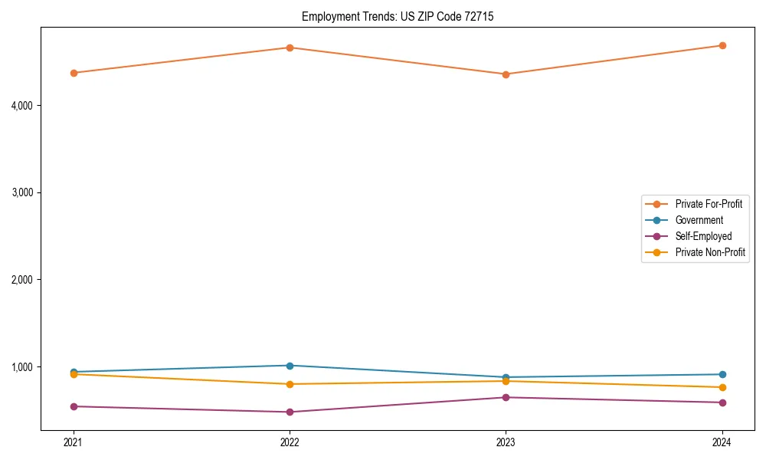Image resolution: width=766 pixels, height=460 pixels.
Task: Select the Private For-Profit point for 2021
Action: (x=74, y=73)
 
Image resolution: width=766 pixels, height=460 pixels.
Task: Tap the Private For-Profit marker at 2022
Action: (x=290, y=48)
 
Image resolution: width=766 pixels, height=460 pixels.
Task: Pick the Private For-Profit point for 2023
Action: (x=506, y=74)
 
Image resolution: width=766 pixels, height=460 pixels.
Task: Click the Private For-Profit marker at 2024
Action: (x=722, y=45)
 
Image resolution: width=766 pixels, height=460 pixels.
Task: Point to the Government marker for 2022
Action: (x=290, y=366)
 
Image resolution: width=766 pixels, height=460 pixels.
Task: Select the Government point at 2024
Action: (x=722, y=374)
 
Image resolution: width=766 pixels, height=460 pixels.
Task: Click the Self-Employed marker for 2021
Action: (x=74, y=406)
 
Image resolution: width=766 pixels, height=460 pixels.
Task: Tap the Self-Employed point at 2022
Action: (x=290, y=412)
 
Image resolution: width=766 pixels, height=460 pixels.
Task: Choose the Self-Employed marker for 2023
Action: (x=506, y=397)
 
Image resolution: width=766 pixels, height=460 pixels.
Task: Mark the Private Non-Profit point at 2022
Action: (x=290, y=384)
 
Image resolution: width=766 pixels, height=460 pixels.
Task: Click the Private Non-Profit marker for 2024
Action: (x=722, y=387)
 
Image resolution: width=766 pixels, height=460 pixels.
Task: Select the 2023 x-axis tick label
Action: (x=506, y=442)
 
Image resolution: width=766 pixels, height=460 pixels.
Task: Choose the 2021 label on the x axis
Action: (x=74, y=442)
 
